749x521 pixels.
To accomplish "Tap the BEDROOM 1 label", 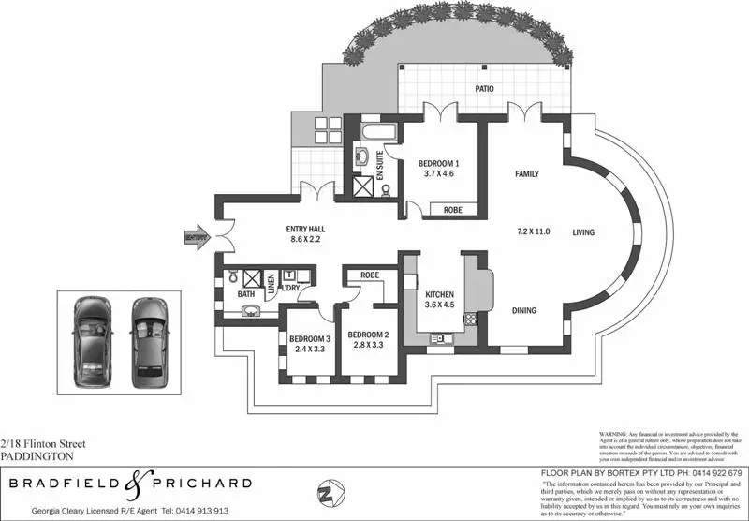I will point(438,161).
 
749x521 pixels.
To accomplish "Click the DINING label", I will point(523,311).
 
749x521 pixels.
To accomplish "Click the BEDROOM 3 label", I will point(309,338).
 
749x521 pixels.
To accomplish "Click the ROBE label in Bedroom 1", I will point(451,210).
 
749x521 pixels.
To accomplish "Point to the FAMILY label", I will point(532,174).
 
